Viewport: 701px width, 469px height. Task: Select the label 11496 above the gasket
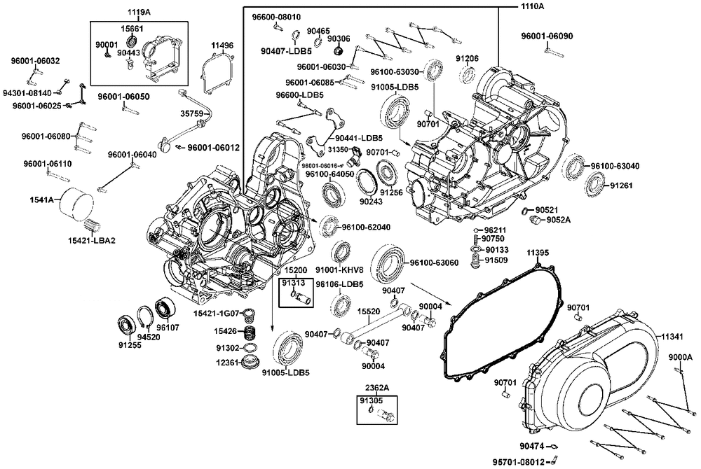(x=222, y=46)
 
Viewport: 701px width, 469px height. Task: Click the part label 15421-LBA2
(x=91, y=241)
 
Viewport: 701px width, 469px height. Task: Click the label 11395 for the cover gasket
(x=538, y=252)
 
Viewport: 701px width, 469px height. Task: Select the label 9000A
(x=680, y=357)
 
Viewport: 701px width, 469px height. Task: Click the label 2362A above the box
(x=376, y=387)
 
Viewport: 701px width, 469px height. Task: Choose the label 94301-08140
(x=27, y=92)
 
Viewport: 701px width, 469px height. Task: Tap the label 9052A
(x=559, y=220)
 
